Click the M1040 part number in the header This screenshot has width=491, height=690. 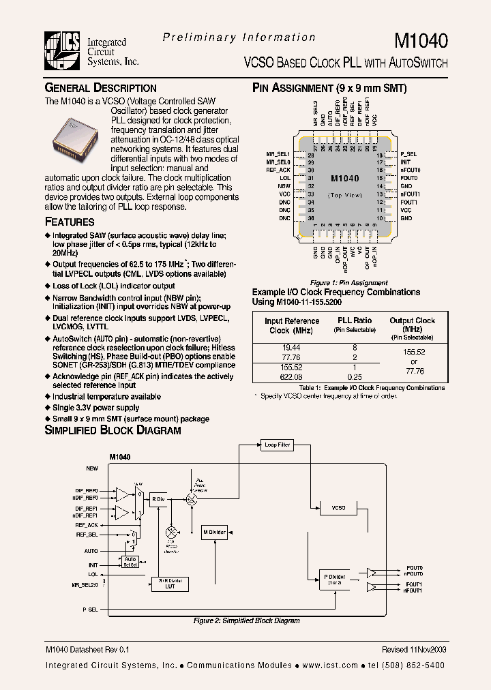tap(422, 41)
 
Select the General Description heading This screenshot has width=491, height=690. tap(100, 88)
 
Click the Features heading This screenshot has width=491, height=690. tap(70, 222)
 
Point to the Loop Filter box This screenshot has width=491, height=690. tap(277, 445)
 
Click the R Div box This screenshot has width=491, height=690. tap(158, 499)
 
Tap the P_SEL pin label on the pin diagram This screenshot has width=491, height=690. tap(408, 155)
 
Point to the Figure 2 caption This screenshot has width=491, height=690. tap(246, 620)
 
